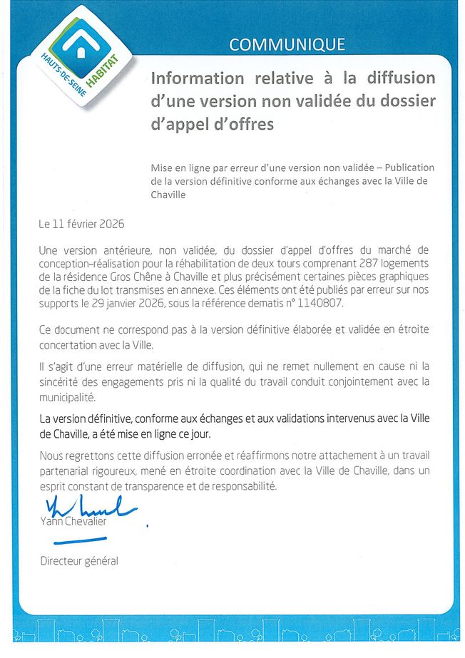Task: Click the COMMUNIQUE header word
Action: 287,44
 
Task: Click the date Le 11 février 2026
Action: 82,224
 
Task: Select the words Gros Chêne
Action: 123,276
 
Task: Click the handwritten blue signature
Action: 89,508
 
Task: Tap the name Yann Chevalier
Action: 73,521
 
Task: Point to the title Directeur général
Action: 79,560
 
